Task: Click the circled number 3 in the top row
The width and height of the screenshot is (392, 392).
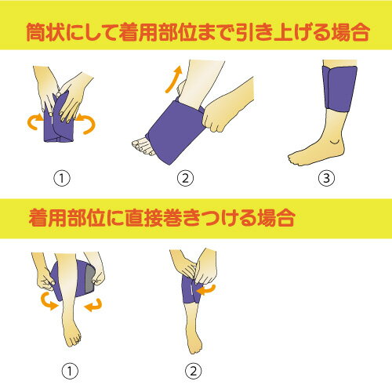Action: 327,178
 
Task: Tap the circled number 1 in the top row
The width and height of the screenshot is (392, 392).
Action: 62,178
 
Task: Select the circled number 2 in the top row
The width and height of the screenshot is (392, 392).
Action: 185,178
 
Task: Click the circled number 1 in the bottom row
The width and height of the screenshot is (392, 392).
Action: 70,371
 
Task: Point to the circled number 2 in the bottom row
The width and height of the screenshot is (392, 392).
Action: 194,371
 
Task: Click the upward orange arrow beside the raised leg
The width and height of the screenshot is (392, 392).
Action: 172,80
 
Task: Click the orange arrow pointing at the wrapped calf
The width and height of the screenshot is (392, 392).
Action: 206,290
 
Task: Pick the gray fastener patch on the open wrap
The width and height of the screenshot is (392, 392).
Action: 89,279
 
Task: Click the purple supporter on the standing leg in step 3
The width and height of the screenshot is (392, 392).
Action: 340,89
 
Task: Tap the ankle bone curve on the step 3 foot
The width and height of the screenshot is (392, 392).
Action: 334,143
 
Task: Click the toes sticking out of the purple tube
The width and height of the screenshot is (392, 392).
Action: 143,147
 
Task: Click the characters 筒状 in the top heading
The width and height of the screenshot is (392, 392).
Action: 45,32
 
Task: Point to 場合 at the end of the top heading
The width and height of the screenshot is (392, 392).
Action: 350,32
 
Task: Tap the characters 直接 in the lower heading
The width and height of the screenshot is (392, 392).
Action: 144,218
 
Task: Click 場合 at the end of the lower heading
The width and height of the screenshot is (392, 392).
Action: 276,218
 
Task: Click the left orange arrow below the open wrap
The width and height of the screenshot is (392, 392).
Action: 49,301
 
